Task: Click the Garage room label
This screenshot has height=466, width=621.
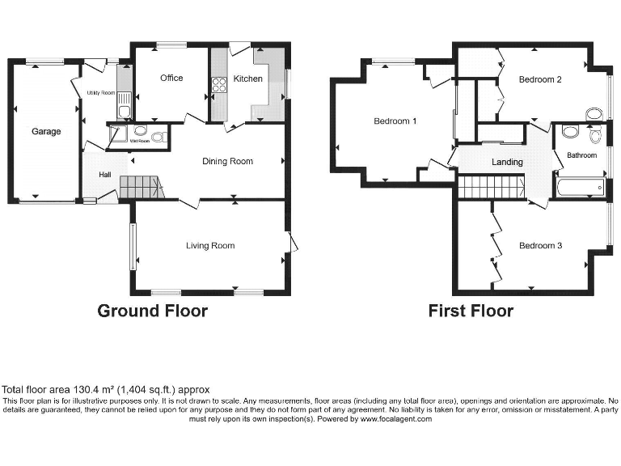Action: click(x=46, y=131)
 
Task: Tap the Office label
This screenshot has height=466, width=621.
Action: click(x=171, y=78)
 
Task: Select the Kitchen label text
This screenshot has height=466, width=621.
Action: click(x=247, y=78)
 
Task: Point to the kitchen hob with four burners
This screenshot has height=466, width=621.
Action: click(x=218, y=83)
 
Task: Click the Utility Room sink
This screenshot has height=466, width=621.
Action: click(x=123, y=111)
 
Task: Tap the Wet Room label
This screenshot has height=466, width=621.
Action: click(x=140, y=141)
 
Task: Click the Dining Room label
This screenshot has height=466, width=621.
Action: click(x=227, y=161)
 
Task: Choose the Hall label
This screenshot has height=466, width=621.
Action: click(x=105, y=174)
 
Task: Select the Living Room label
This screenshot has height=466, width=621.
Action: click(x=210, y=245)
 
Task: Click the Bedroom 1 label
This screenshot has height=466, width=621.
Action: click(x=395, y=121)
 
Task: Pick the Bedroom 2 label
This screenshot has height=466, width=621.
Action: click(x=540, y=79)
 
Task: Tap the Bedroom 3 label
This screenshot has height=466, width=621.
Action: click(x=540, y=245)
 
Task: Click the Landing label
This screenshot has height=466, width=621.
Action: click(x=507, y=162)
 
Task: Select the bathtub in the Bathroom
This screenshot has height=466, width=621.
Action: click(x=580, y=188)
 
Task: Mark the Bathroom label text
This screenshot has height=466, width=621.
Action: click(x=581, y=155)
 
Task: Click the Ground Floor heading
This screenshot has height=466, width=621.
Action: click(x=152, y=311)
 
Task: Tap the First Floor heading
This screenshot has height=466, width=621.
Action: click(x=471, y=311)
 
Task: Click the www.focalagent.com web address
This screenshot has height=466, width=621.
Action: click(x=396, y=419)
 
